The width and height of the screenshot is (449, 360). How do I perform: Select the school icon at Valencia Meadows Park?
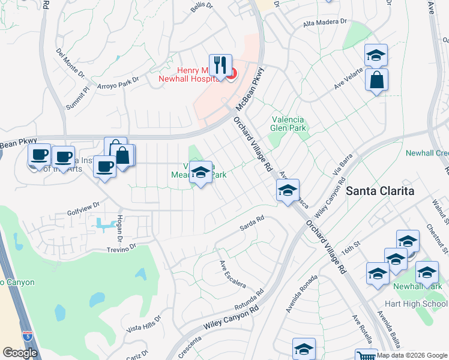click(201, 172)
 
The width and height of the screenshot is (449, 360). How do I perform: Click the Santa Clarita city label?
click(381, 191)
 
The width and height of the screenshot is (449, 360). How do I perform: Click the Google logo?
click(20, 353)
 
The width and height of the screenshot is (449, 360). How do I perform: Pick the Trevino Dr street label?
click(122, 248)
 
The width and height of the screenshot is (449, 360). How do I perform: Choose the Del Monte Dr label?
click(70, 62)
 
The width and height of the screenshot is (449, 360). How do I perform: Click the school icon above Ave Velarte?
click(376, 55)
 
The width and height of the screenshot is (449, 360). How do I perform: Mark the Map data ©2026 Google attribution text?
click(412, 355)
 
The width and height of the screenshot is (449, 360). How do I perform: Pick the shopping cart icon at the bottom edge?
click(365, 356)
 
